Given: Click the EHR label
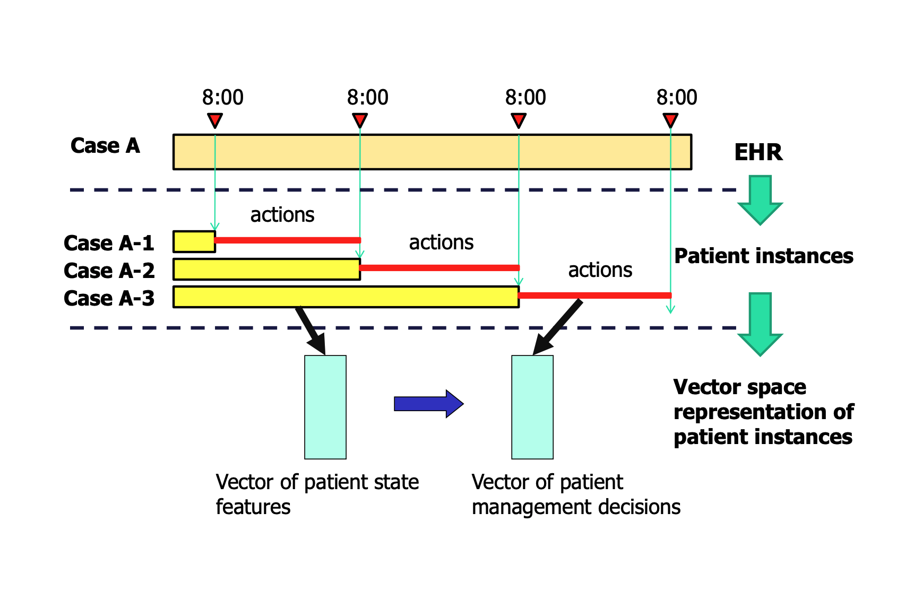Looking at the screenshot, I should (x=758, y=153).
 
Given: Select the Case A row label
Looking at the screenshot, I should (x=105, y=146).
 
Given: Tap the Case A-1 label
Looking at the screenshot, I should (x=109, y=243).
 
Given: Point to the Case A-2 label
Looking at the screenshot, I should (x=109, y=271).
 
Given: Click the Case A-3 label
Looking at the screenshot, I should (x=109, y=298).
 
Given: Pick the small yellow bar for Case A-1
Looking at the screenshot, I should (x=194, y=242).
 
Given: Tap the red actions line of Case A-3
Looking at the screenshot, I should (x=594, y=295).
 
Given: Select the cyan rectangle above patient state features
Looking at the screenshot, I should (x=325, y=407).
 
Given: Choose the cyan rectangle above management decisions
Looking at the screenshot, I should (x=532, y=407).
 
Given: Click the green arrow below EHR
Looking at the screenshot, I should (x=760, y=199).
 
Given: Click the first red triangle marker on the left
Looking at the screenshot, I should (x=214, y=120).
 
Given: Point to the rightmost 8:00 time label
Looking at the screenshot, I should (x=677, y=98).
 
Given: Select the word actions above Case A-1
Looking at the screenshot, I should (x=282, y=215).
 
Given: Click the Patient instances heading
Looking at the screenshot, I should (x=763, y=256).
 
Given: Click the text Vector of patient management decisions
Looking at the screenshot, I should (x=575, y=494).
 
